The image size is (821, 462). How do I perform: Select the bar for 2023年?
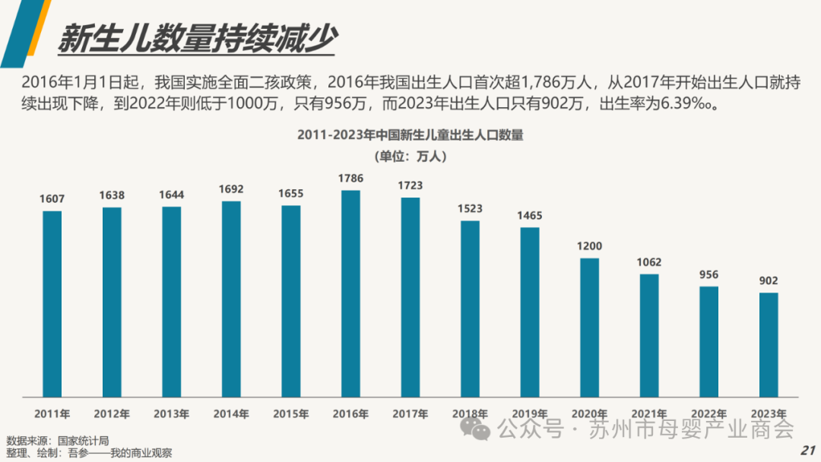pos(769,344)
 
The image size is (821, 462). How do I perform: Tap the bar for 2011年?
pos(52,303)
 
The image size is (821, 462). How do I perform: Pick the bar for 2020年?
pos(589,327)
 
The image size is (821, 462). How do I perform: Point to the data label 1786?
pos(350,179)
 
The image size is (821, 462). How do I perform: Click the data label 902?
pos(769,280)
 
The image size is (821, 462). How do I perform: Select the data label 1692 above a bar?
pos(231,189)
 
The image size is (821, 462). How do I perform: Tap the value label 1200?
pos(589,246)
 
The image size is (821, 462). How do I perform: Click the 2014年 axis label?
pos(231,414)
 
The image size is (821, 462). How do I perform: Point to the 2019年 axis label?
pos(530,414)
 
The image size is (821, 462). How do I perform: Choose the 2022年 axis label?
pos(709,414)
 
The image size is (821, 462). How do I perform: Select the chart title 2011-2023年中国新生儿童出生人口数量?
pos(410,136)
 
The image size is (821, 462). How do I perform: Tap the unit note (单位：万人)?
pos(410,157)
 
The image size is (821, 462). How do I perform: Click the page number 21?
pos(807,450)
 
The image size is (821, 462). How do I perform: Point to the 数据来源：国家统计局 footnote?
pos(58,441)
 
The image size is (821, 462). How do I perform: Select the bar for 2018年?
pos(470,308)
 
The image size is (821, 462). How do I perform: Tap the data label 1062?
pos(649,262)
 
